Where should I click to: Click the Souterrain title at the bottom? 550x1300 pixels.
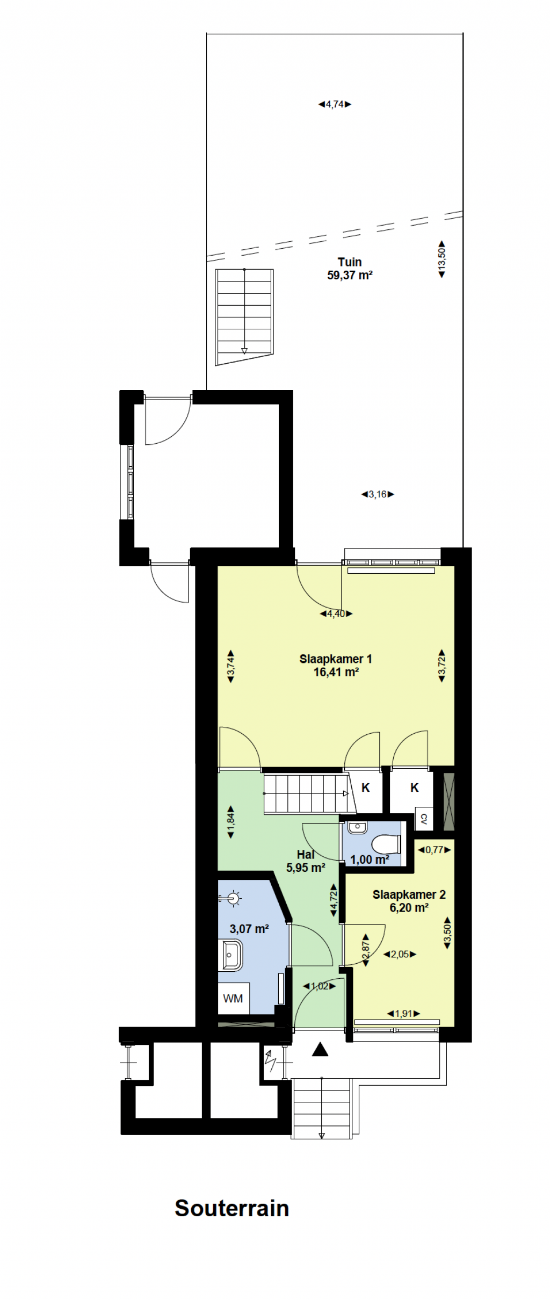click(232, 1208)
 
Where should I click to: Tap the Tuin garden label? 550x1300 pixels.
click(350, 262)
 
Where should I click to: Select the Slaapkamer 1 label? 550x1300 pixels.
click(336, 659)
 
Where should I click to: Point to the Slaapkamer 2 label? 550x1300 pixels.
click(409, 894)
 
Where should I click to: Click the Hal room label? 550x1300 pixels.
click(306, 854)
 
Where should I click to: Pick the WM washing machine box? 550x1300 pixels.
click(233, 998)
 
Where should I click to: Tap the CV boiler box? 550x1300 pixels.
click(424, 819)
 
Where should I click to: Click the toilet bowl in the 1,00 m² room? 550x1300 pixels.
click(386, 844)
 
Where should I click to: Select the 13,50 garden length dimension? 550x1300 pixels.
click(442, 259)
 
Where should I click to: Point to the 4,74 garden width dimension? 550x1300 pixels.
click(335, 104)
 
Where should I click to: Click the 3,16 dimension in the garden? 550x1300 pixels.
click(378, 494)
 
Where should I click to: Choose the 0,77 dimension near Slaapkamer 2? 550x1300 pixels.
click(435, 850)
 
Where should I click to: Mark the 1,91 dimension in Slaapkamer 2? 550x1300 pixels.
click(403, 1014)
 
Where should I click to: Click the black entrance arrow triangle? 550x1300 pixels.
click(320, 1049)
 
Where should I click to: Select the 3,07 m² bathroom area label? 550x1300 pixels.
click(249, 928)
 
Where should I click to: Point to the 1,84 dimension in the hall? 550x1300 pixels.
click(231, 822)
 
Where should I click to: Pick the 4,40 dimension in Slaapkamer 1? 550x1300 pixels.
click(336, 613)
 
